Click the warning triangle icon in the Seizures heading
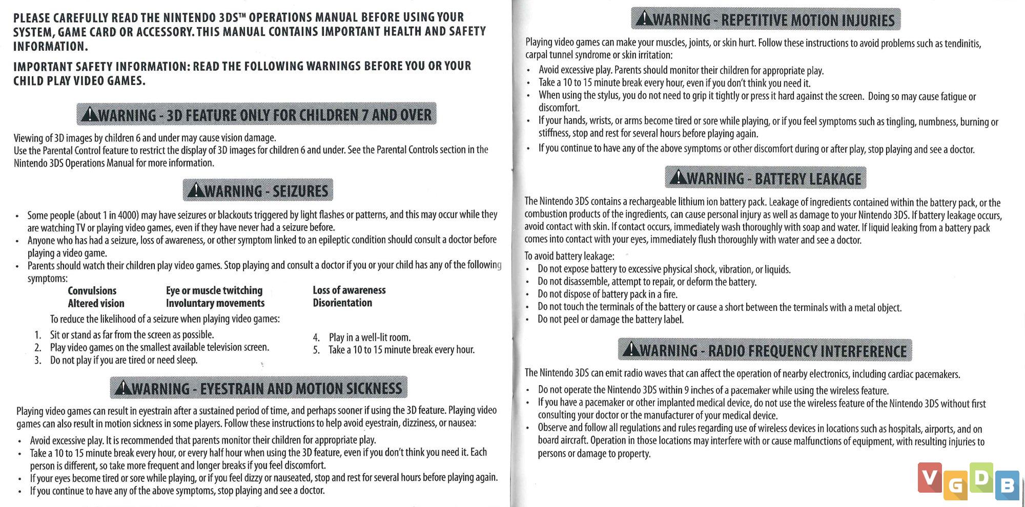196,191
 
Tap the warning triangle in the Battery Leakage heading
678,178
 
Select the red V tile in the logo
930,477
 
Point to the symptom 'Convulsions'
92,291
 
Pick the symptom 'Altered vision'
96,303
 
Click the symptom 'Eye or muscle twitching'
214,291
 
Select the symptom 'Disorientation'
342,303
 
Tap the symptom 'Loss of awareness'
349,290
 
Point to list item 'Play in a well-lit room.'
370,337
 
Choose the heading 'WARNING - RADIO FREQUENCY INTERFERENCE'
765,351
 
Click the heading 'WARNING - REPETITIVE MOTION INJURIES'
766,20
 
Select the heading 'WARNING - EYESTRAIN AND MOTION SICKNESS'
259,388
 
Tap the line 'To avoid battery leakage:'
569,256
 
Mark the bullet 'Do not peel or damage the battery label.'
610,320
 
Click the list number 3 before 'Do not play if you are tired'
38,361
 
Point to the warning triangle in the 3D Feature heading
90,114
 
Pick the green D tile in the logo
981,478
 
